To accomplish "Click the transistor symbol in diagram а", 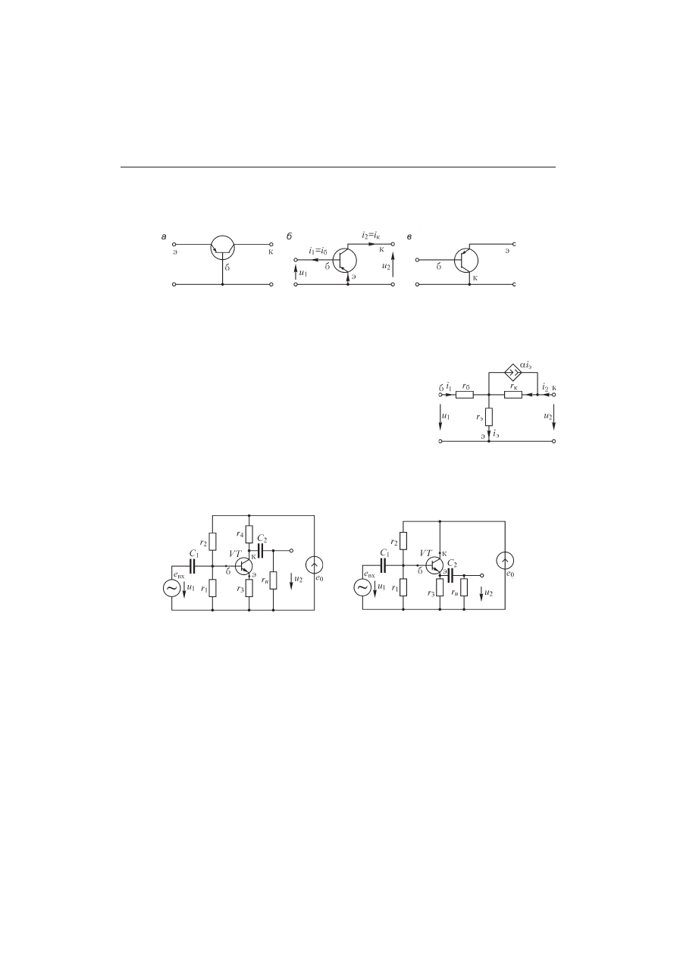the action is pos(223,247).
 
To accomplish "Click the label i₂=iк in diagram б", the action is pos(371,235).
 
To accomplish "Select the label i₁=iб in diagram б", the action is pos(318,251).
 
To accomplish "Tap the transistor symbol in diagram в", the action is pos(466,260).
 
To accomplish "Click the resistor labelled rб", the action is pos(465,395).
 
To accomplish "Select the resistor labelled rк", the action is pos(513,395).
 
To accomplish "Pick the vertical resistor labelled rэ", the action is pos(489,417).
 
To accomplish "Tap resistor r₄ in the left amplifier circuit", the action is pos(249,534).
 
